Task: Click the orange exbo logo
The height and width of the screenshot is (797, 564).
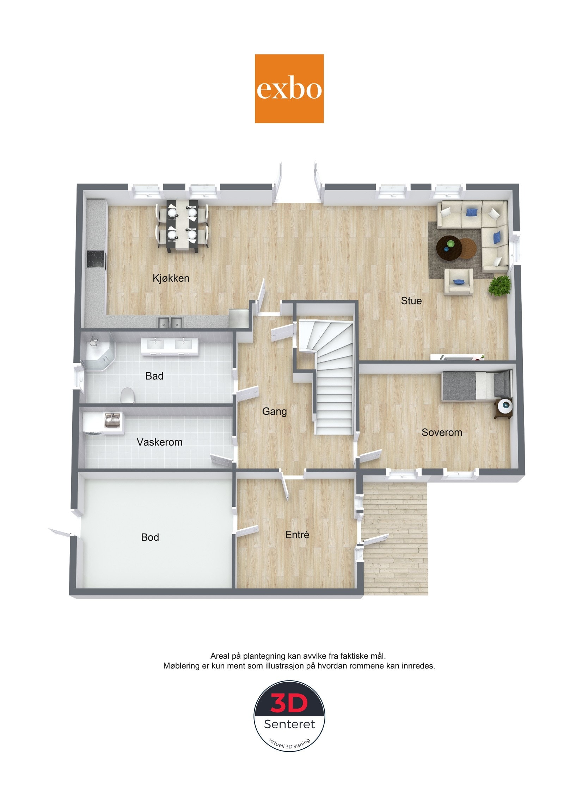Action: pos(289,88)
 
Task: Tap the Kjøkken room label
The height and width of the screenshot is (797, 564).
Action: pos(171,278)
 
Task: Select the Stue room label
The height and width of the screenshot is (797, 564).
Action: pos(411,301)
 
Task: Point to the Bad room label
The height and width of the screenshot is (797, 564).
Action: pos(154,376)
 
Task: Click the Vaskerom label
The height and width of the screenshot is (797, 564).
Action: pos(159,442)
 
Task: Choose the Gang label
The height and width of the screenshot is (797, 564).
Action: pos(274,411)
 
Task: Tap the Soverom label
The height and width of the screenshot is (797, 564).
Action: pos(442,432)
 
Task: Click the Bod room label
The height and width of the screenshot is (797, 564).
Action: pos(150,537)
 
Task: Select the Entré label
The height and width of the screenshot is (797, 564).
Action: pos(297,535)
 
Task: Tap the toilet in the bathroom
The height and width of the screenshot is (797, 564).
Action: pos(127,396)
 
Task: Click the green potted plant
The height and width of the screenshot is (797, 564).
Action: pos(499,285)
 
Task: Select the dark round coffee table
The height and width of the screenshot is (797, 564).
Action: pos(449,247)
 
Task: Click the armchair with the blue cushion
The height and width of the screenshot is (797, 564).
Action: pos(458,281)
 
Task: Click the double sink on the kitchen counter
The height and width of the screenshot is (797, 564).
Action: pos(171,322)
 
